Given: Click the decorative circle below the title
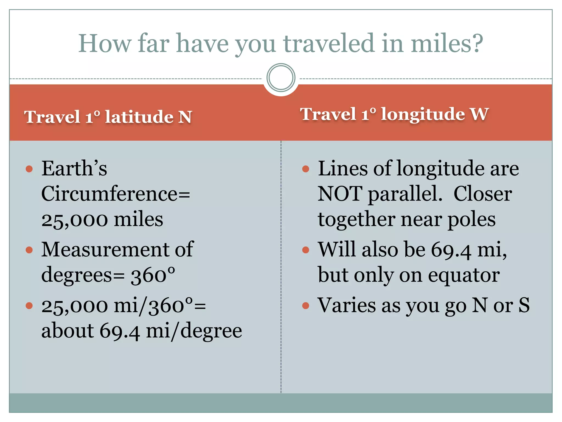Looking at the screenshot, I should pyautogui.click(x=281, y=77).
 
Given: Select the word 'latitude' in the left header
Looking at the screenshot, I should pyautogui.click(x=139, y=117).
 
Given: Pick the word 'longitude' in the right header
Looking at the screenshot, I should pyautogui.click(x=423, y=114).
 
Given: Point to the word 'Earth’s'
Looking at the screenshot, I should pyautogui.click(x=74, y=168).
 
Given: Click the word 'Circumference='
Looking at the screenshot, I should pyautogui.click(x=116, y=194).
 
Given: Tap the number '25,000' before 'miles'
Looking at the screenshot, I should pyautogui.click(x=75, y=220).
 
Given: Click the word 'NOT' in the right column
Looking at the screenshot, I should pyautogui.click(x=340, y=194).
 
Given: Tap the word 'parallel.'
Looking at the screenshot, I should pyautogui.click(x=405, y=194).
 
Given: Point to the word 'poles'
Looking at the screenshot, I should pyautogui.click(x=471, y=220).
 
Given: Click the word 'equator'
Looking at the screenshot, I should pyautogui.click(x=464, y=275).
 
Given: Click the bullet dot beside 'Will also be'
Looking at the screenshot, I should pyautogui.click(x=305, y=250).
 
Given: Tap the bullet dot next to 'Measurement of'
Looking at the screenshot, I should pyautogui.click(x=29, y=250).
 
